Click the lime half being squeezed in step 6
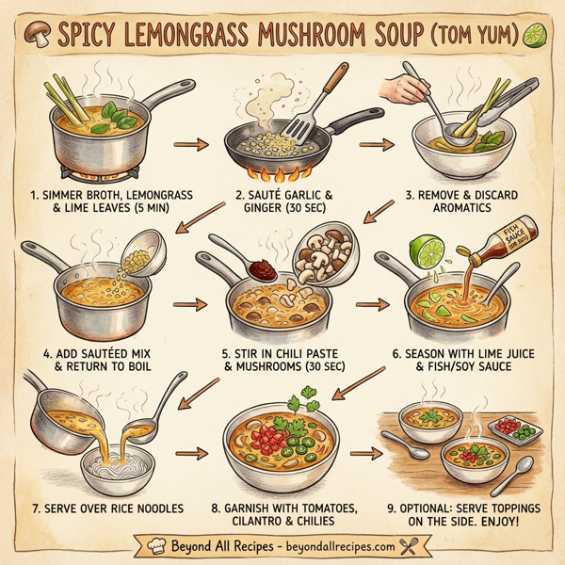(x=427, y=252)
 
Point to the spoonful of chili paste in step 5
(x=266, y=266)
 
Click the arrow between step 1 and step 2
(x=193, y=145)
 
